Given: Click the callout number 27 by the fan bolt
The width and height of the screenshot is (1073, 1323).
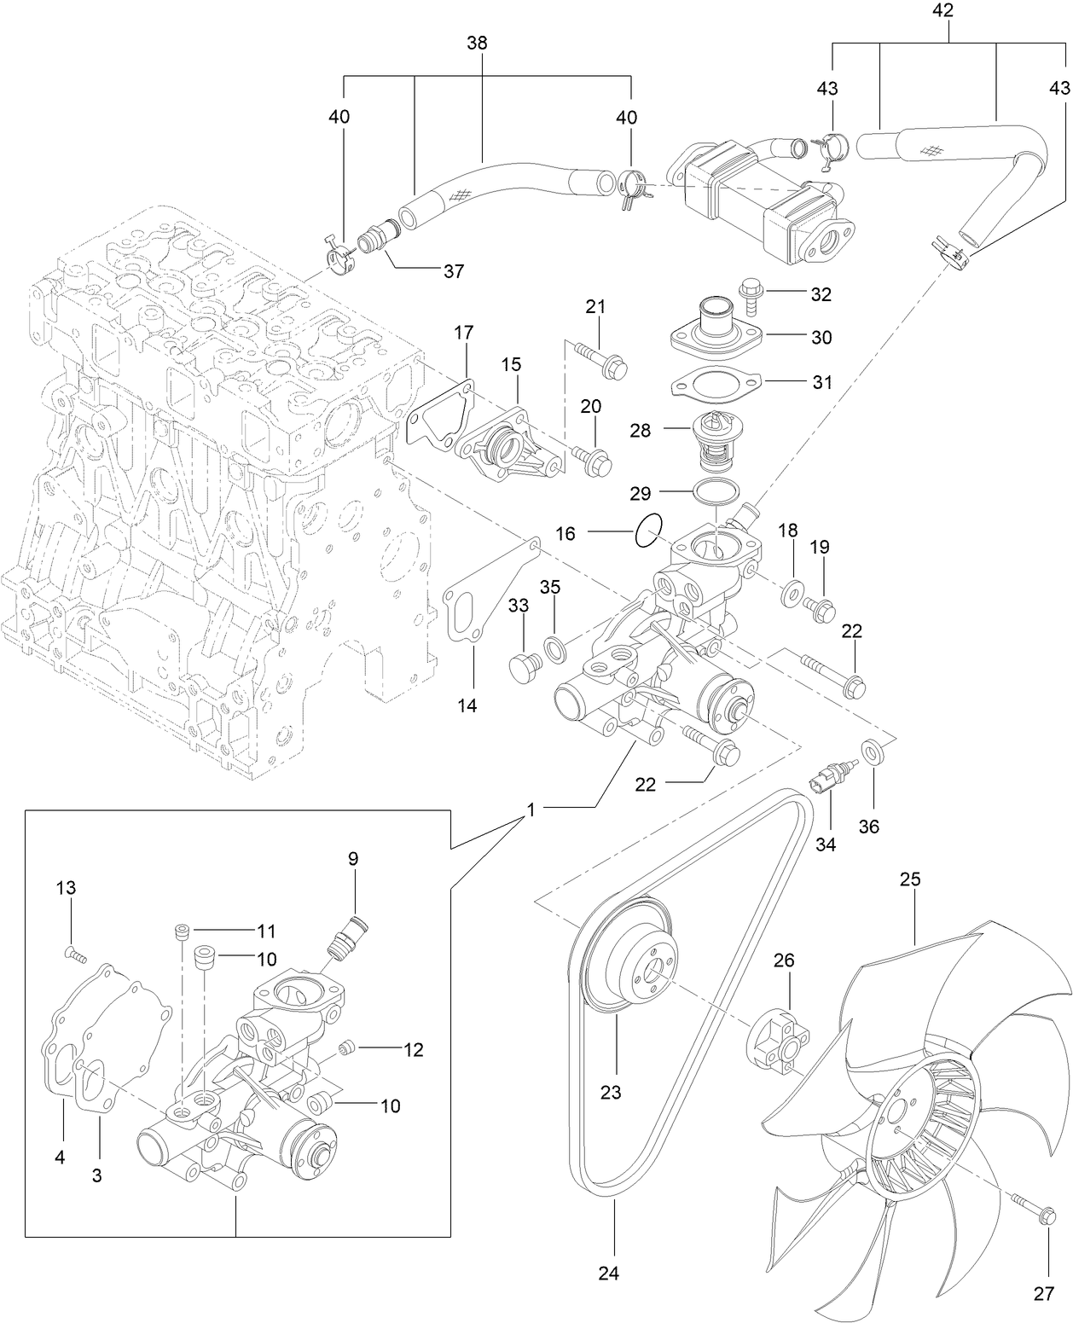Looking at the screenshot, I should (x=1044, y=1293).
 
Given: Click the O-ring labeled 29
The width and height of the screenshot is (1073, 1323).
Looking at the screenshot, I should (x=716, y=492).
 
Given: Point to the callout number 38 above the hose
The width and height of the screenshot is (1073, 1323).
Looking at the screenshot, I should (x=477, y=43).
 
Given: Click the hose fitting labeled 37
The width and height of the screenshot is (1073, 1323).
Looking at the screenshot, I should (x=377, y=238).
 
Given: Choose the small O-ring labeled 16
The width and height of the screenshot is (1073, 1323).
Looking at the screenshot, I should (x=647, y=531).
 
